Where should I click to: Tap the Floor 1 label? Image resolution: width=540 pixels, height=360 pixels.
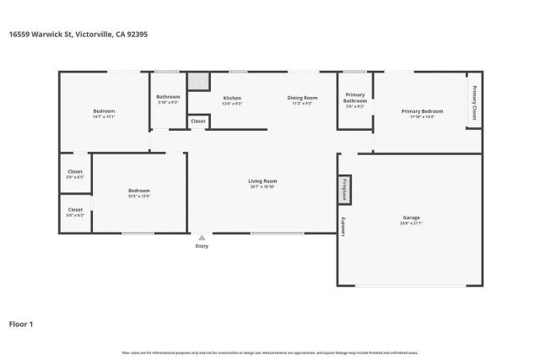20,323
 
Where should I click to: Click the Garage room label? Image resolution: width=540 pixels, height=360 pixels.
411,218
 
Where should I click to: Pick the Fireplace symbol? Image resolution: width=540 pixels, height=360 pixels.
343,190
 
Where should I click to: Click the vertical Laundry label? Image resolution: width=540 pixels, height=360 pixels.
343,228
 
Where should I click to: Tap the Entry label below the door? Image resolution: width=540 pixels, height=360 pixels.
202,246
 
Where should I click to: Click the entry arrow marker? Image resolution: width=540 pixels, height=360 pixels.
202,238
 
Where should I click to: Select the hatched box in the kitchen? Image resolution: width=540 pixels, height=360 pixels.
198,80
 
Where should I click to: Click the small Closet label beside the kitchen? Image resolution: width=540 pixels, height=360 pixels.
198,121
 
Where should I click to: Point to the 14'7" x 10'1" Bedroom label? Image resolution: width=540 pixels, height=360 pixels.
104,114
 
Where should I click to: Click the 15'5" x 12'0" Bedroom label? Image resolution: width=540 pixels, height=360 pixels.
139,193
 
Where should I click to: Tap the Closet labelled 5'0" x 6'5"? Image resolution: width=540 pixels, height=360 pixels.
75,174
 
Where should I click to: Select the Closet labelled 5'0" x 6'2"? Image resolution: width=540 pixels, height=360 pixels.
75,212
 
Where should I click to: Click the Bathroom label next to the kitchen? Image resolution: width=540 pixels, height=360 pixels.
168,99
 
